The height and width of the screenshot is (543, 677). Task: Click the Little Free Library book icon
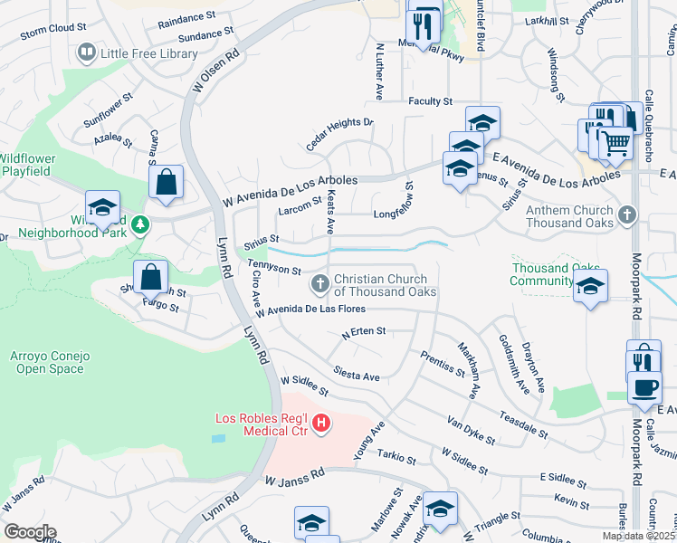pyautogui.click(x=87, y=53)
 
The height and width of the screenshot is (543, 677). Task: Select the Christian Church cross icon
pyautogui.click(x=319, y=285)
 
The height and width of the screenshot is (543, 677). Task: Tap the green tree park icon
pyautogui.click(x=138, y=225)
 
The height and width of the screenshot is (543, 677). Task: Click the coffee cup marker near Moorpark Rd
pyautogui.click(x=644, y=386)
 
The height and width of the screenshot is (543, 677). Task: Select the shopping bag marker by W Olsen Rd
pyautogui.click(x=167, y=182)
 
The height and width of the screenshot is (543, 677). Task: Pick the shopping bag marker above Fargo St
pyautogui.click(x=150, y=277)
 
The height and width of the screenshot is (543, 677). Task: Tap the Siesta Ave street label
pyautogui.click(x=356, y=371)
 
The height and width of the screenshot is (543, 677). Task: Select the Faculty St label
pyautogui.click(x=430, y=102)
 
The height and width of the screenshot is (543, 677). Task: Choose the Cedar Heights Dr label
pyautogui.click(x=338, y=134)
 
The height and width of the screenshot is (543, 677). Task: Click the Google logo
pyautogui.click(x=29, y=531)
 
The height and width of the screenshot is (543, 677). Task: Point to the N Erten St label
pyautogui.click(x=364, y=332)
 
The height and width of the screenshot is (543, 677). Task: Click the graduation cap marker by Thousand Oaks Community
pyautogui.click(x=590, y=286)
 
